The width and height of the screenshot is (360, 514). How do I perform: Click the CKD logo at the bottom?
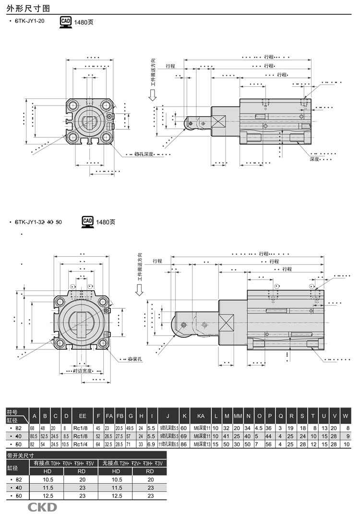pos(42,507)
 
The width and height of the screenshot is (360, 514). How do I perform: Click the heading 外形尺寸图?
pos(23,7)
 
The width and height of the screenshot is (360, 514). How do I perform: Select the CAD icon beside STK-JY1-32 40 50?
pos(88,221)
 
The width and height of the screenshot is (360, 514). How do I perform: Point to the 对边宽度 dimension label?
pos(82,371)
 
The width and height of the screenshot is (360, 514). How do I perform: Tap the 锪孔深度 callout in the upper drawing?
pos(144,154)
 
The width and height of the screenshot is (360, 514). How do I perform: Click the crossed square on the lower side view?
pos(226,321)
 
